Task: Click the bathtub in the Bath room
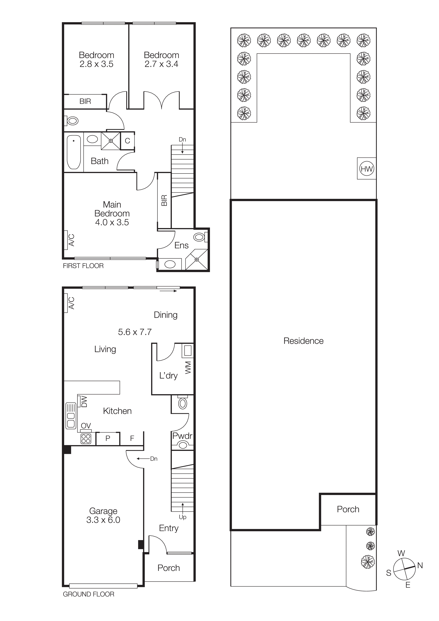tap(73, 152)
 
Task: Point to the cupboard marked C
tap(127, 141)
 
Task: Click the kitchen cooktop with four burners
tap(86, 439)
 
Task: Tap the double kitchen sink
tap(71, 416)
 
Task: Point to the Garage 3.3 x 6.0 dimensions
tap(103, 520)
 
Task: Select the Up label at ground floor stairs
tap(183, 517)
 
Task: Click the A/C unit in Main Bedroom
tap(66, 240)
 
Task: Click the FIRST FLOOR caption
tap(83, 266)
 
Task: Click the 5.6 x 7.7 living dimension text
tap(135, 332)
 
